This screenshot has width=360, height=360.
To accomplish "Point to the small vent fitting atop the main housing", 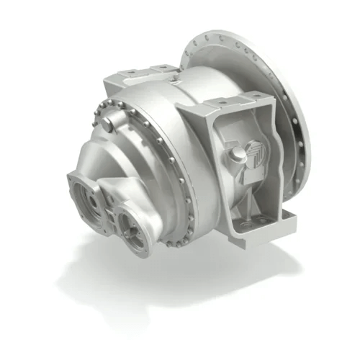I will (177, 67).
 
